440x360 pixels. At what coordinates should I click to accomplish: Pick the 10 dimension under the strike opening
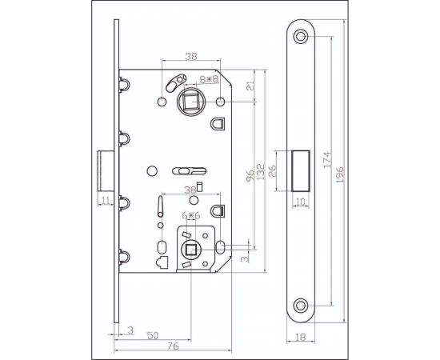(x=299, y=202)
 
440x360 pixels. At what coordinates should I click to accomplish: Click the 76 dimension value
(x=172, y=346)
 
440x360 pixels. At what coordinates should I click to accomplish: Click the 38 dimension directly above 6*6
(x=190, y=190)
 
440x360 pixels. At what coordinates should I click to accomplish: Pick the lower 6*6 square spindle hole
(x=192, y=250)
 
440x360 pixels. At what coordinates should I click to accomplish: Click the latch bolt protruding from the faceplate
(x=104, y=170)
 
